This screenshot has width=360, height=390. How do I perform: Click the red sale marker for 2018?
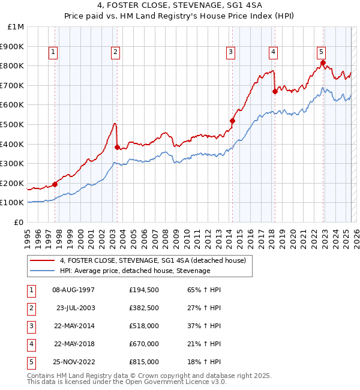275,91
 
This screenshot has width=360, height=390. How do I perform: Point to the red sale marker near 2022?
323,63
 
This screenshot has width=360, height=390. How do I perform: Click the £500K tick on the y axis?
12,124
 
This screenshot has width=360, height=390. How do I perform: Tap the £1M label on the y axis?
16,26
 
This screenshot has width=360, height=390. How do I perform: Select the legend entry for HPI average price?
135,271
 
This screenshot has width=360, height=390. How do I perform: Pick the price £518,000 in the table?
144,326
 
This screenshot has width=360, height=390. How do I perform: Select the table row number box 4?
31,344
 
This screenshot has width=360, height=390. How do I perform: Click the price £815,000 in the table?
144,362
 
